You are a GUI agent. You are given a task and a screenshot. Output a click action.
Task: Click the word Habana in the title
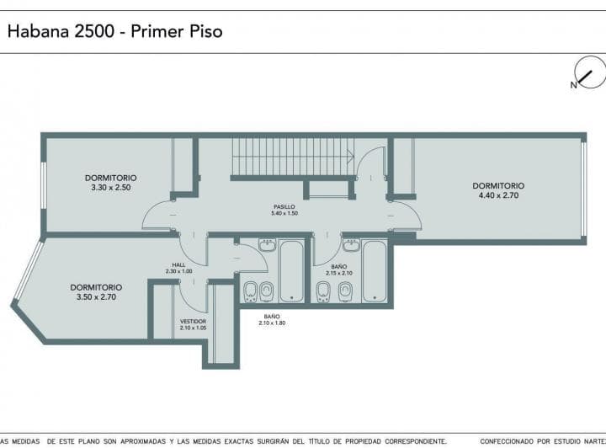38,31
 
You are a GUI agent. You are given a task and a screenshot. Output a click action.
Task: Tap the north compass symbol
589,72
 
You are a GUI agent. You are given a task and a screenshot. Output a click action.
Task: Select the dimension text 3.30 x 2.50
111,188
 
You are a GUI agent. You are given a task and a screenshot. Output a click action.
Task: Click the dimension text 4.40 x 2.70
498,195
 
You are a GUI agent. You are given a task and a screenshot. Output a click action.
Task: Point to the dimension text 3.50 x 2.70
96,297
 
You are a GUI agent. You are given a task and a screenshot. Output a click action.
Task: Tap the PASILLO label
284,207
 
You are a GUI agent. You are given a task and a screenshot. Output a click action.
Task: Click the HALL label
178,264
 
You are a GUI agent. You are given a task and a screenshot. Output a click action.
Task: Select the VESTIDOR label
193,321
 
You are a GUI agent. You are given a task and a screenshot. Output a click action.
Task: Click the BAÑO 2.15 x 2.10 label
339,269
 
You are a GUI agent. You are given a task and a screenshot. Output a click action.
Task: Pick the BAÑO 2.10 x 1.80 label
272,320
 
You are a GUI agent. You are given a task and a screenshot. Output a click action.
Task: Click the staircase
293,157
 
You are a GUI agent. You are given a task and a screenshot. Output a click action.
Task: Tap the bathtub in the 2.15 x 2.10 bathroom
375,271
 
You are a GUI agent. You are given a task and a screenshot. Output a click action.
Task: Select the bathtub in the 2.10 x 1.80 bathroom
291,271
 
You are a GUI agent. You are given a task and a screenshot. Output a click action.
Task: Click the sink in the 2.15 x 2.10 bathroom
351,245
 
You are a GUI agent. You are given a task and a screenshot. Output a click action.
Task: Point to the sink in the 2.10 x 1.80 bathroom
268,245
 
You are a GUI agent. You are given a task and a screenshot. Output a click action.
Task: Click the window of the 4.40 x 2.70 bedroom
584,189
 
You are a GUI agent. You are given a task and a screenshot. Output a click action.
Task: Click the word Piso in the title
205,31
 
